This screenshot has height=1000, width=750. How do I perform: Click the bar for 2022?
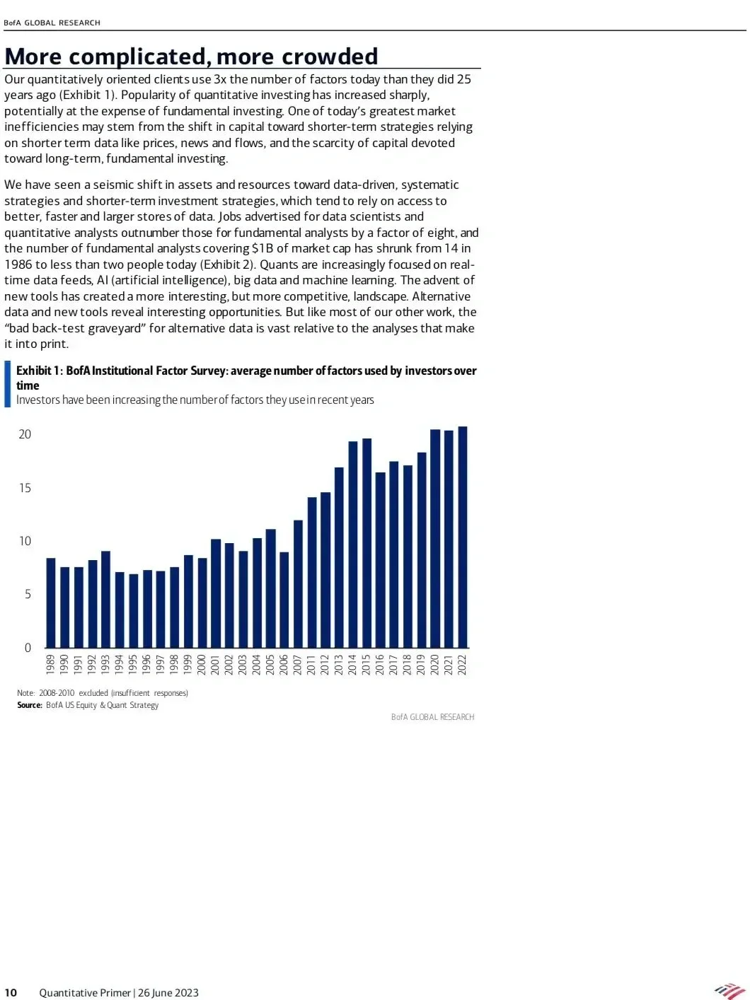click(x=462, y=537)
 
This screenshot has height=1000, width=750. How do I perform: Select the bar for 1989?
click(x=50, y=603)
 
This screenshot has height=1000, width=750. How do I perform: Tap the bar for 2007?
click(x=298, y=584)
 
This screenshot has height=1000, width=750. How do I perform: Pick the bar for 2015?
click(x=367, y=543)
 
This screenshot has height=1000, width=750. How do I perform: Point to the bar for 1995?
click(x=133, y=611)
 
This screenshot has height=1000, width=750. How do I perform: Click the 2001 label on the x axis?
click(x=215, y=665)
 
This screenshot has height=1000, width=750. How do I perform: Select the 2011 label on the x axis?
click(x=311, y=665)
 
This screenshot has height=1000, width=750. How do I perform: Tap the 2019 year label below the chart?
click(x=421, y=665)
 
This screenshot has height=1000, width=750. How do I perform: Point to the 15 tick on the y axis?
click(x=25, y=488)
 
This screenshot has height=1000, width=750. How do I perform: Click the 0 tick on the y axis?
click(x=28, y=648)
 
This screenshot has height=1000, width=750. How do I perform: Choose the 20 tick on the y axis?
click(x=25, y=434)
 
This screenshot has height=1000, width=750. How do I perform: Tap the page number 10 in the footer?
click(x=11, y=992)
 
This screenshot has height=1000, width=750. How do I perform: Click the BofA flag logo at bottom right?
click(x=729, y=991)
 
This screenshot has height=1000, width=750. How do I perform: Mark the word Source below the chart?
click(x=29, y=705)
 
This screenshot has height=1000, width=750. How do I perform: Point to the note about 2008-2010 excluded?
click(x=103, y=693)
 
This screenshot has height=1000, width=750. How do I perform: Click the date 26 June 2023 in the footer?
click(x=168, y=992)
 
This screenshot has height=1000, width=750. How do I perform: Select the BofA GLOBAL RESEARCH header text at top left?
click(x=52, y=23)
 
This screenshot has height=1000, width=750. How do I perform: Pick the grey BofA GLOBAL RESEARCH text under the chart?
click(x=432, y=717)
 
